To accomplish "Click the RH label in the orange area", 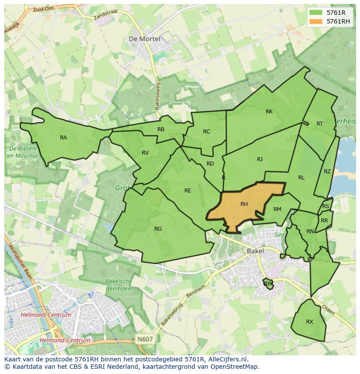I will (x=244, y=204).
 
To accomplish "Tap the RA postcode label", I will (x=63, y=138).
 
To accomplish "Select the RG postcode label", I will (x=158, y=229).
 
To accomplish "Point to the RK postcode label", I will (x=269, y=112).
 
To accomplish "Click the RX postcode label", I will (x=310, y=322).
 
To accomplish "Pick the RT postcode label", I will (x=320, y=124).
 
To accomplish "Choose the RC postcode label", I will (x=207, y=132).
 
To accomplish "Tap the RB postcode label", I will (x=161, y=129).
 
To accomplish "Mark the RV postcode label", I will (x=145, y=153).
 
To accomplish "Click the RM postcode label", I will (x=277, y=209).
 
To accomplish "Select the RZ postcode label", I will (x=327, y=172).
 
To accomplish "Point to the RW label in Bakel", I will (x=268, y=284).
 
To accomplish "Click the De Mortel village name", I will (x=144, y=39).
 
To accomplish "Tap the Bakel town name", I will (x=255, y=251).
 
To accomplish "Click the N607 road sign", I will (x=145, y=339).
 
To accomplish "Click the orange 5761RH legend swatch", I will (x=316, y=21).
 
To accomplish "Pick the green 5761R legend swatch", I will (x=316, y=13).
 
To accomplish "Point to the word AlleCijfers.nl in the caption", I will (x=226, y=359).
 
